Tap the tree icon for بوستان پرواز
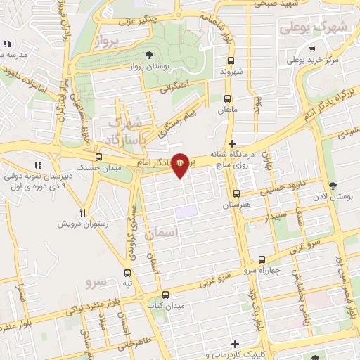click(x=148, y=55)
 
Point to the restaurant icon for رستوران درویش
click(x=83, y=212)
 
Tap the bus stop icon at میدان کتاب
click(x=165, y=295)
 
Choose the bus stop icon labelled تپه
click(x=127, y=272)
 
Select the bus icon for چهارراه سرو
click(x=262, y=259)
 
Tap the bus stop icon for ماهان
click(x=227, y=99)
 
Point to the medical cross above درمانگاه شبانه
click(x=233, y=143)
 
